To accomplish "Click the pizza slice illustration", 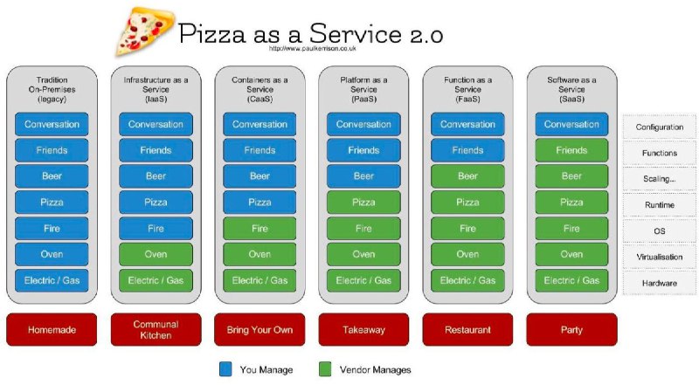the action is pyautogui.click(x=145, y=32).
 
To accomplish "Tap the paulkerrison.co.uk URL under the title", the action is pyautogui.click(x=312, y=48).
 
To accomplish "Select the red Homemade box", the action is pyautogui.click(x=52, y=330).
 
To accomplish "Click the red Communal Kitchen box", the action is pyautogui.click(x=156, y=330).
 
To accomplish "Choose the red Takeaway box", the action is pyautogui.click(x=363, y=330).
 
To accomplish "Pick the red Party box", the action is pyautogui.click(x=571, y=330).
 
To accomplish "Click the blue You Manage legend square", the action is pyautogui.click(x=225, y=369).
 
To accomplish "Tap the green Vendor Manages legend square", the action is pyautogui.click(x=325, y=369).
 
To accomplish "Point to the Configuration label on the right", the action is pyautogui.click(x=660, y=127).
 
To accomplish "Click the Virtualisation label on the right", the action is pyautogui.click(x=660, y=258).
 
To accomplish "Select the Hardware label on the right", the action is pyautogui.click(x=660, y=283).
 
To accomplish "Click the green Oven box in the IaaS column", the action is pyautogui.click(x=156, y=254).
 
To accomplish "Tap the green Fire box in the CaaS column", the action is pyautogui.click(x=260, y=229).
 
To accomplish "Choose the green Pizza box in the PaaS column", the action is pyautogui.click(x=363, y=203).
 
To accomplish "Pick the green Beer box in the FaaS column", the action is pyautogui.click(x=467, y=176).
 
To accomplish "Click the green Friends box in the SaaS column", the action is pyautogui.click(x=571, y=150).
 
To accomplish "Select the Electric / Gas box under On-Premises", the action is pyautogui.click(x=52, y=280).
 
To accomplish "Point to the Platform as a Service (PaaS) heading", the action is pyautogui.click(x=363, y=89).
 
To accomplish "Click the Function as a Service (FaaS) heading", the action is pyautogui.click(x=467, y=89).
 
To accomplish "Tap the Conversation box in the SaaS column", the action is pyautogui.click(x=571, y=124).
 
